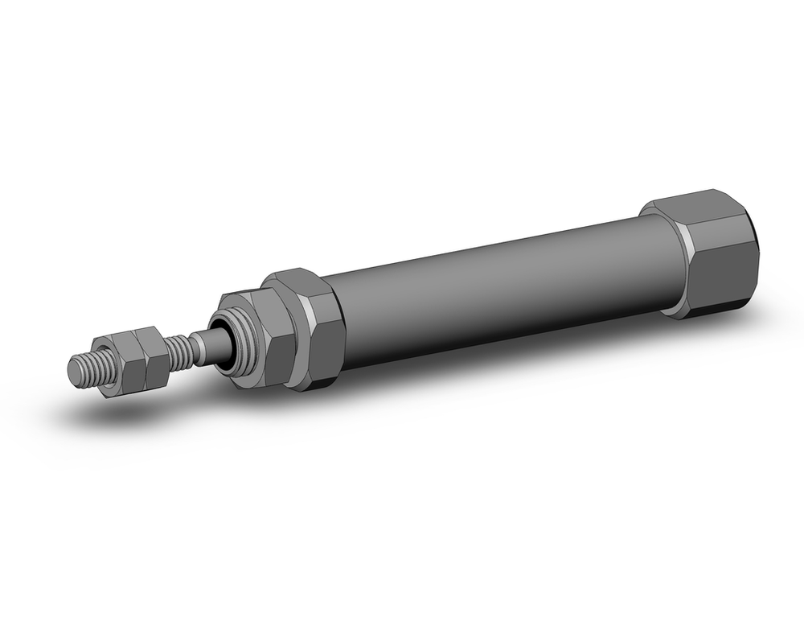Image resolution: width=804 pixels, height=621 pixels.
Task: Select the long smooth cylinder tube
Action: click(498, 290)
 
